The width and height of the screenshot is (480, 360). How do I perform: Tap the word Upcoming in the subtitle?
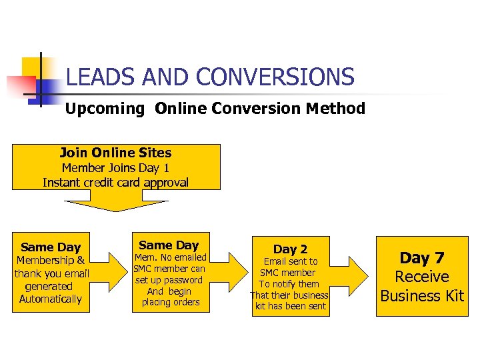(x=105, y=109)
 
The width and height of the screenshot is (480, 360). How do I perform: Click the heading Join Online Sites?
(x=115, y=153)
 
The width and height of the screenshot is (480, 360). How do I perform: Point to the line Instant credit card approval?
(x=115, y=182)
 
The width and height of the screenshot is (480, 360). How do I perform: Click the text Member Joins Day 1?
(x=115, y=168)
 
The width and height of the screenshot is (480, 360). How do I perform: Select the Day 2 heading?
(x=290, y=249)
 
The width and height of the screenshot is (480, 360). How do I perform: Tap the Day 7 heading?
(x=421, y=258)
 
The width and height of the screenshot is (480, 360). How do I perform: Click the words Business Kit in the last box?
(x=421, y=295)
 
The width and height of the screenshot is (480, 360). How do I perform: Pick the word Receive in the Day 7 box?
(x=421, y=277)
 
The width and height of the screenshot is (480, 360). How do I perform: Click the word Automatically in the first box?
(x=51, y=299)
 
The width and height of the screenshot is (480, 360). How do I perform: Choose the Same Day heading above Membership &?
(x=51, y=247)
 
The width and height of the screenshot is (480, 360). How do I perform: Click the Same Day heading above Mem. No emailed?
(x=169, y=245)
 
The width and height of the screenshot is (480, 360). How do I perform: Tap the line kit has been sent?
(x=290, y=306)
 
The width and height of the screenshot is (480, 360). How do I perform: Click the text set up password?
(x=169, y=280)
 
